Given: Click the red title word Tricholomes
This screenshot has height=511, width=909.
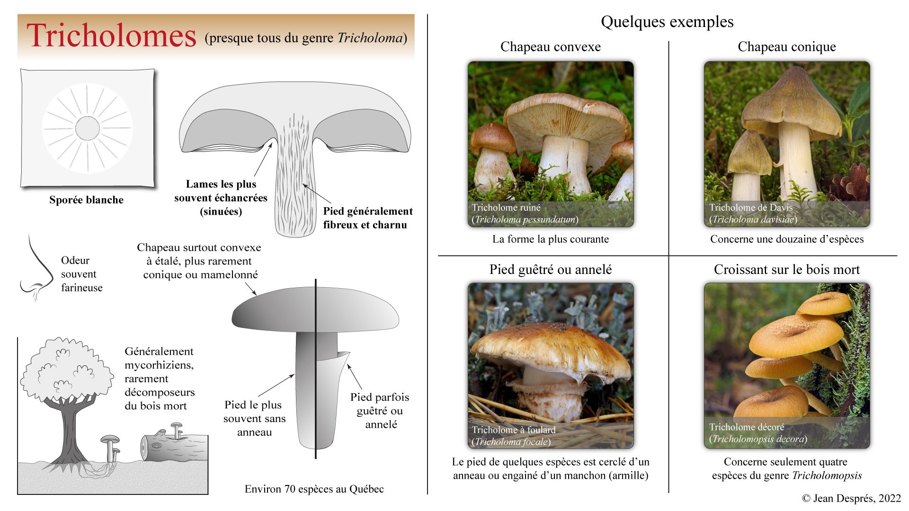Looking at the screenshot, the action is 112,36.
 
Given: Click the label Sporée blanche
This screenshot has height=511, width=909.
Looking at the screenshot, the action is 86,200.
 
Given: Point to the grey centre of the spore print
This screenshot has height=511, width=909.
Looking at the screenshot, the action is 88,128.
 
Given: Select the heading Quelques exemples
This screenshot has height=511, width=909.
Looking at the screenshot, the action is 667,22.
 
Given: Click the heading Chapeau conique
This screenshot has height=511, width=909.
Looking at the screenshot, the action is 786,46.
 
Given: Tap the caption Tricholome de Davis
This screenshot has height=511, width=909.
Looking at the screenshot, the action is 750,207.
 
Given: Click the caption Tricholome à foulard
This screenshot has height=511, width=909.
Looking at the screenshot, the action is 513,430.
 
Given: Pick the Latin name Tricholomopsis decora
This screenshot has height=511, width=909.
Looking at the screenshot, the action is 757,439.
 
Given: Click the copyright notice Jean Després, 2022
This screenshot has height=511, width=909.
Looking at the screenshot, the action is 851,498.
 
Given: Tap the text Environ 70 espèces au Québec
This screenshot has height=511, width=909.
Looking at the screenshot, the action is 314,489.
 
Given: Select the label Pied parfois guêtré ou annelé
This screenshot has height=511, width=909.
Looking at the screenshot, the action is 380,411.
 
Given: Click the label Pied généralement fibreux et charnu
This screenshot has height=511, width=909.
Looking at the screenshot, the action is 367,218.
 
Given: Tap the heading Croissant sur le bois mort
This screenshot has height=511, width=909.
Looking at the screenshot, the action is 786,269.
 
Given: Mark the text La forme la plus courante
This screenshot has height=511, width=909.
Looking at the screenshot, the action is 550,239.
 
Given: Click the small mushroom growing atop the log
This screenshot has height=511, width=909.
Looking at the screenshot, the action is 176,429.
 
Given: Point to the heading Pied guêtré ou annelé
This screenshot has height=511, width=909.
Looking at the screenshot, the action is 550,269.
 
